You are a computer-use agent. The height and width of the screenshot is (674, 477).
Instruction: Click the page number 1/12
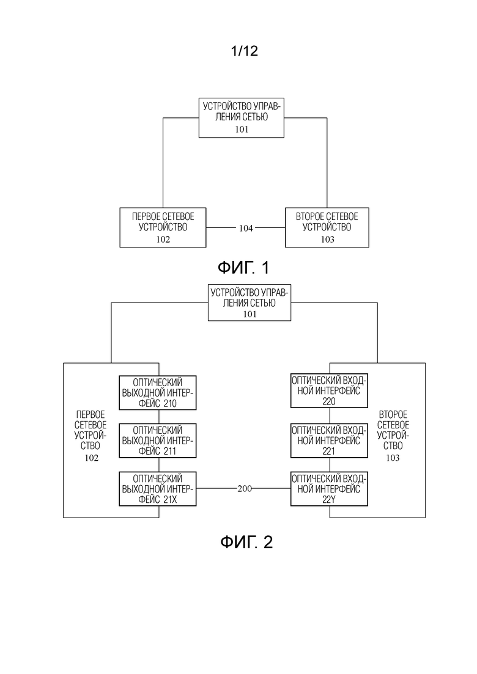point(244,51)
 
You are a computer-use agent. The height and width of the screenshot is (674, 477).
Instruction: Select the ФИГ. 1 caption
point(243,268)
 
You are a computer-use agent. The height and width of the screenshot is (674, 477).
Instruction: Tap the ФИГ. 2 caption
point(246,542)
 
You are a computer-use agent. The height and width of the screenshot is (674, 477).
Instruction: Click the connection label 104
point(246,229)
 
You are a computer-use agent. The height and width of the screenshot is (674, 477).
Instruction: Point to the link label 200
point(244,488)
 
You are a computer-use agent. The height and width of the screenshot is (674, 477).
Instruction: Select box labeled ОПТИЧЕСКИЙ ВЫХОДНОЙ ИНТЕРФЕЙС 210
point(157,393)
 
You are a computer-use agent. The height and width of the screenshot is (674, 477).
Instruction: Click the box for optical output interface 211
point(157,441)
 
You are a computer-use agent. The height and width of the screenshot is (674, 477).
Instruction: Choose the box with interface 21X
point(157,489)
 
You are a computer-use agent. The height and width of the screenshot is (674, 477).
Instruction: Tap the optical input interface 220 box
point(329,390)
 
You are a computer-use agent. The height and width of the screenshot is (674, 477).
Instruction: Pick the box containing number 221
point(329,441)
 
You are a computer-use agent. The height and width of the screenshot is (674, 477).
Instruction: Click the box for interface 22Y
point(329,489)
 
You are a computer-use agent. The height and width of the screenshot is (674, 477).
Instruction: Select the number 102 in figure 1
point(163,240)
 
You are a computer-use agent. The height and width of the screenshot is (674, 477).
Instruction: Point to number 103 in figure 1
point(327,240)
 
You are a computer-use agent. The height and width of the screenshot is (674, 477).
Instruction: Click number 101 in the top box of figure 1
point(242,130)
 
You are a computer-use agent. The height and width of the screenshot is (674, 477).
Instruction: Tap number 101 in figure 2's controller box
point(250,314)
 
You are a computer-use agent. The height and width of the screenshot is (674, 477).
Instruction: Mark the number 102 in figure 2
point(91,458)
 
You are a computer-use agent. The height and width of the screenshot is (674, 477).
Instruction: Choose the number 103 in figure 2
point(393,458)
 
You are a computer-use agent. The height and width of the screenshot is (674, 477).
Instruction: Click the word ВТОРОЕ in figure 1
point(308,217)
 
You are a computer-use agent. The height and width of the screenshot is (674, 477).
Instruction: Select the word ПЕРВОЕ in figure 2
point(91,415)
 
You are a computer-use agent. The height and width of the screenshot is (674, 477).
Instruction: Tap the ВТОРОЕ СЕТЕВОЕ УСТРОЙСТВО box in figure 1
point(327,227)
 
